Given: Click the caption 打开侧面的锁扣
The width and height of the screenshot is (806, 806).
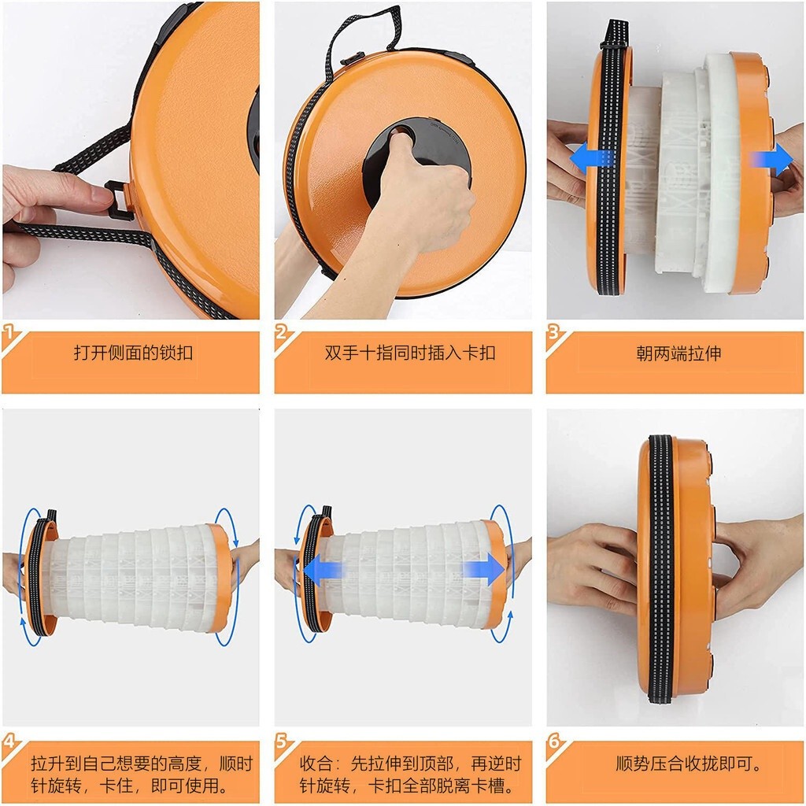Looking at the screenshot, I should tap(133, 353).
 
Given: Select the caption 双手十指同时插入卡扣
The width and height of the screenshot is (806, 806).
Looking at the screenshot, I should tap(410, 353).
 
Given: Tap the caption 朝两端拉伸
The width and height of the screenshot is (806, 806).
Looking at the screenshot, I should tap(678, 353).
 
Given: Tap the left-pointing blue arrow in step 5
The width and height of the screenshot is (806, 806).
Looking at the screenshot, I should tap(324, 570).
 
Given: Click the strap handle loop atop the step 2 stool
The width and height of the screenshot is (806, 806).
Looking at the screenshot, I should tap(368, 31).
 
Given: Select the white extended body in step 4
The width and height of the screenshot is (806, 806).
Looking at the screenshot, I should tap(138, 579).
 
